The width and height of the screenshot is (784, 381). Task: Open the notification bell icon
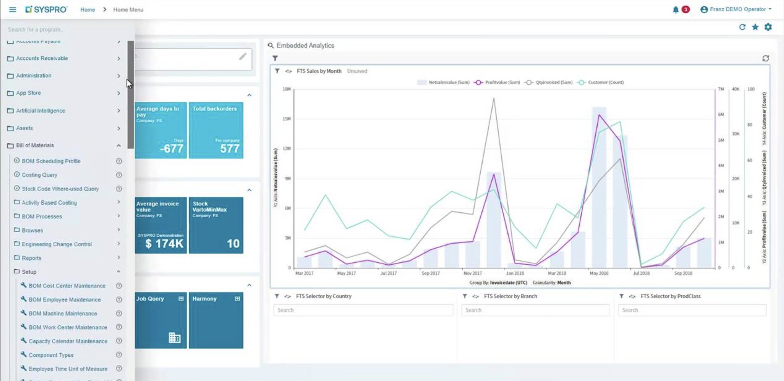676,9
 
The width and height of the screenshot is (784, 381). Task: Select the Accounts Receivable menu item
42,59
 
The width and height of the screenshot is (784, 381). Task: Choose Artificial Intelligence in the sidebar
40,111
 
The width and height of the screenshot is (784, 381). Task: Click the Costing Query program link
39,175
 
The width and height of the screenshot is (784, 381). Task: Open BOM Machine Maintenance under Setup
63,313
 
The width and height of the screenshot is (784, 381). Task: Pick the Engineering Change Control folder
56,244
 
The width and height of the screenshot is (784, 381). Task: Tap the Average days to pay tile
161,130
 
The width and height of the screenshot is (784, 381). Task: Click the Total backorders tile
216,130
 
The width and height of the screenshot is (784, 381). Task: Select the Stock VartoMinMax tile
216,225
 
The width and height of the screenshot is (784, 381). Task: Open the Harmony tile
216,320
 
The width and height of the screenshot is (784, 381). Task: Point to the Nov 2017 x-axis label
472,273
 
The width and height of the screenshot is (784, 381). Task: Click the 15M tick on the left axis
286,119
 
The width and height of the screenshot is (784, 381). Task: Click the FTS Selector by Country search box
363,310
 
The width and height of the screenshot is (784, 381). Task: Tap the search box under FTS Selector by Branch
535,310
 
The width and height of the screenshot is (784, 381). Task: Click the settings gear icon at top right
768,27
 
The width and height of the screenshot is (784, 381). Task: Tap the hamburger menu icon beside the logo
13,9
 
